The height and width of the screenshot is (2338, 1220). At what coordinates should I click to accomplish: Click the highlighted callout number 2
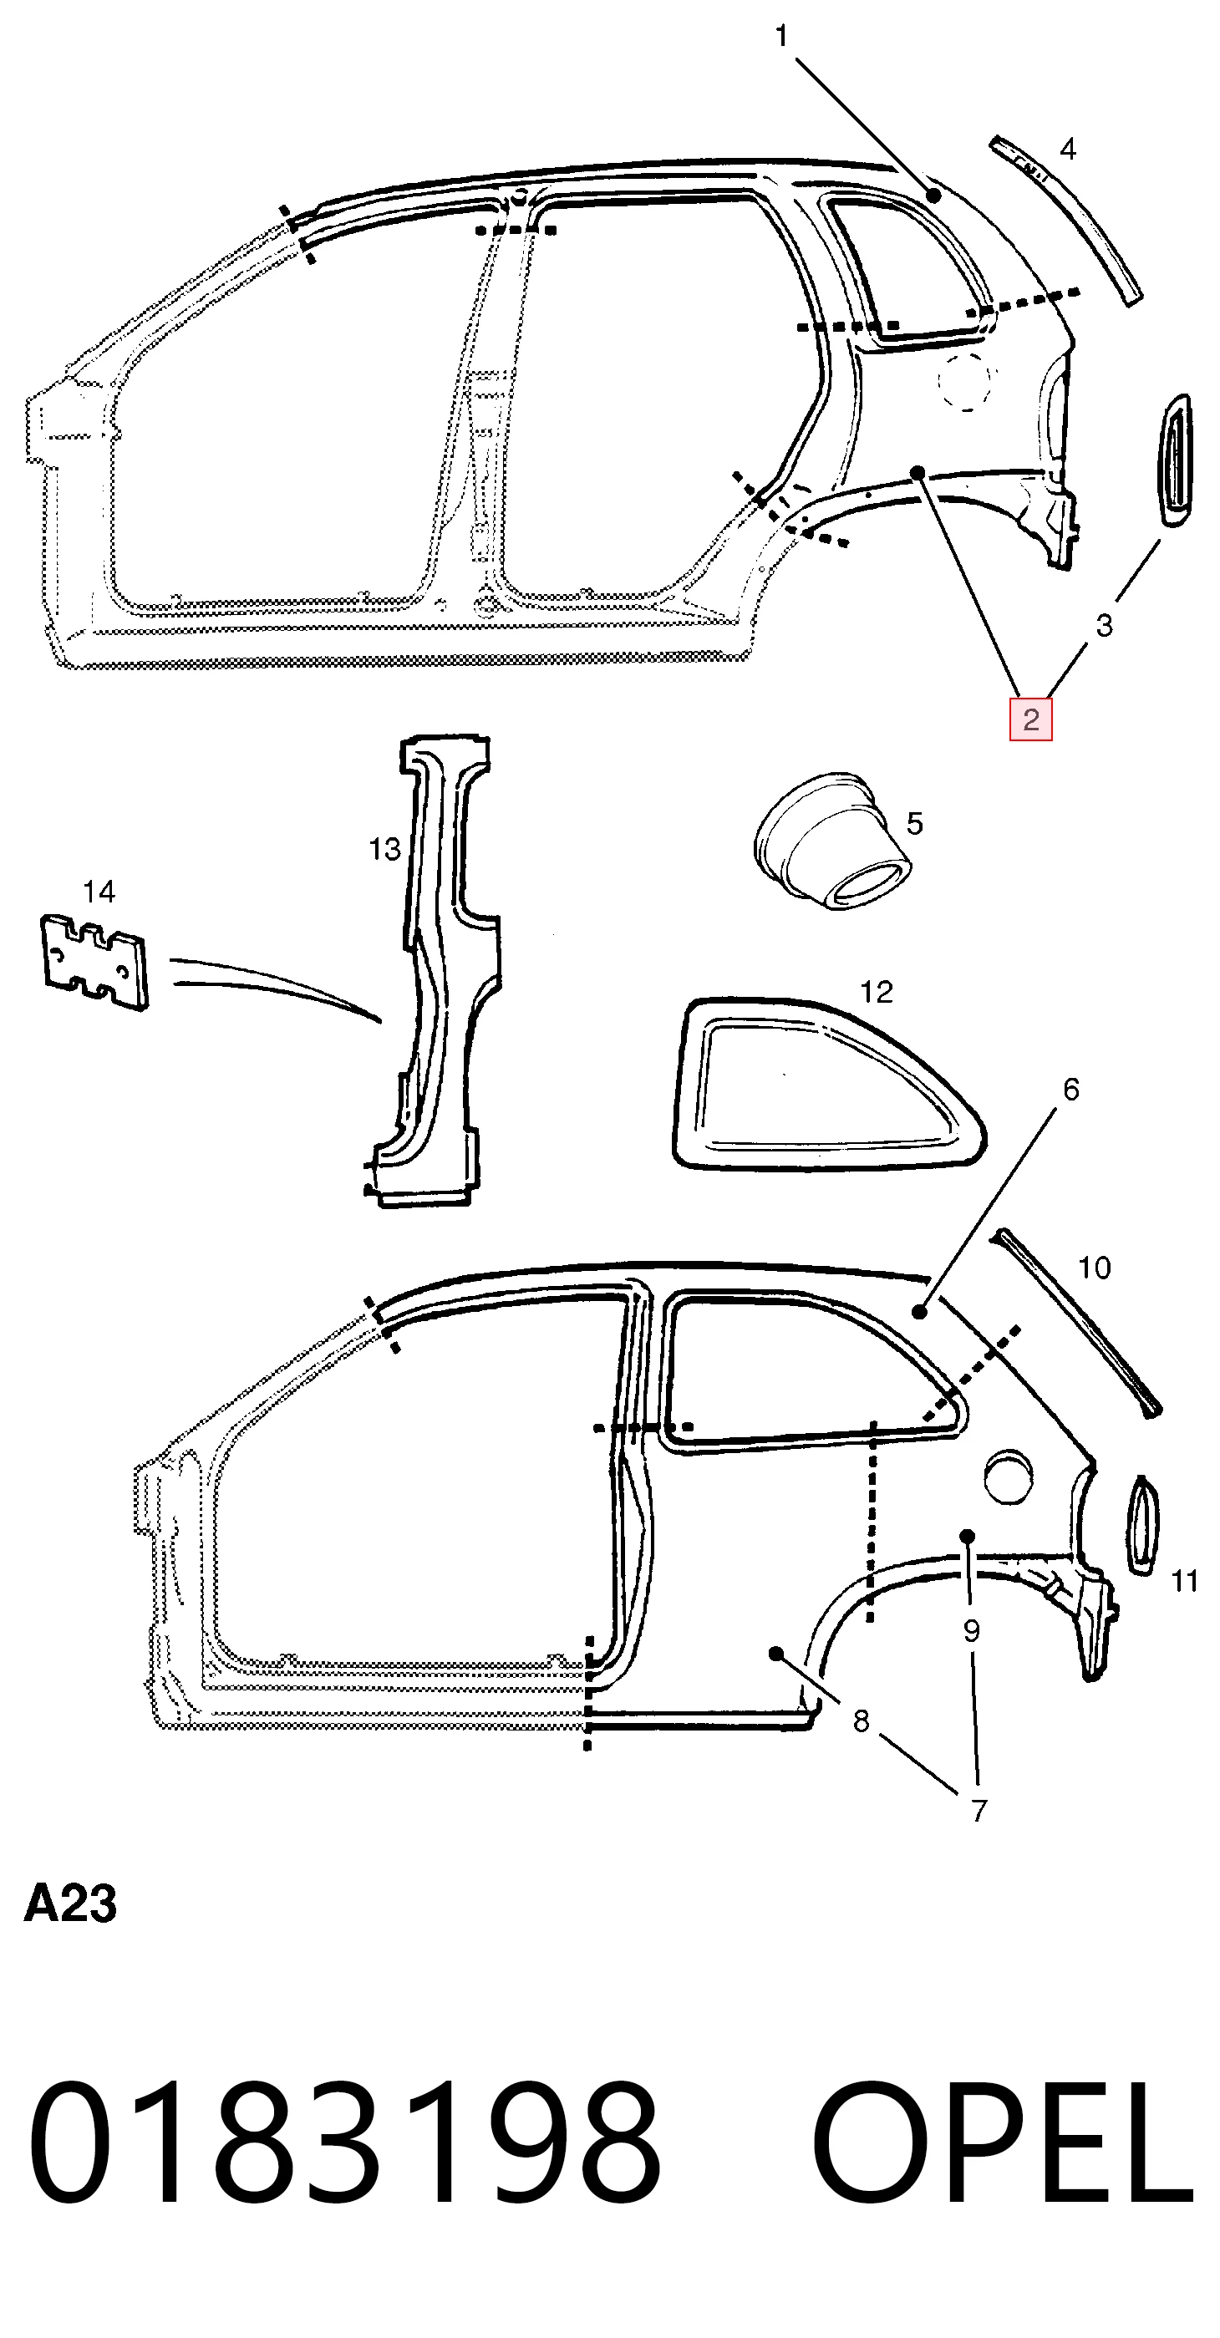1030,719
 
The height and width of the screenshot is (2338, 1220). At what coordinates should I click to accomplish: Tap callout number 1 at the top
781,36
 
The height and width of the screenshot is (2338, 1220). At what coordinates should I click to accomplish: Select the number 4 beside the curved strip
1069,149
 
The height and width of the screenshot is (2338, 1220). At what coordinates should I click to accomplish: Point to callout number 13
385,850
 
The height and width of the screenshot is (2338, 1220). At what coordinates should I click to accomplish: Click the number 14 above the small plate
99,892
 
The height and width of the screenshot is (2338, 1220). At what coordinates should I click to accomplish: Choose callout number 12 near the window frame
877,992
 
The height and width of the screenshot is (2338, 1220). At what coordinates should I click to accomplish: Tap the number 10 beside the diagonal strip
1095,1268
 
